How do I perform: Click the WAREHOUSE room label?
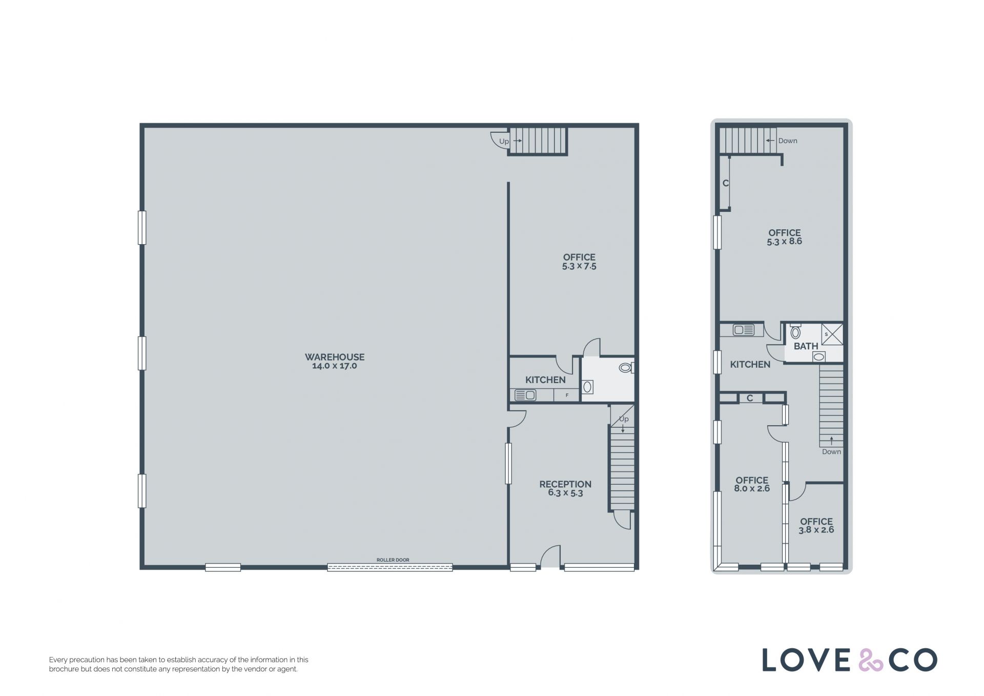[x=335, y=357]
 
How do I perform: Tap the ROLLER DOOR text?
[x=393, y=560]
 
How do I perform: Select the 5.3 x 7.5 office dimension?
[x=579, y=266]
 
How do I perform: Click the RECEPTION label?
[x=565, y=484]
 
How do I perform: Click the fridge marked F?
[x=567, y=395]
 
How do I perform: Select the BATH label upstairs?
[x=806, y=346]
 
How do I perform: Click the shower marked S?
[x=832, y=334]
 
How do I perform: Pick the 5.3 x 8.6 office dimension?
[x=784, y=242]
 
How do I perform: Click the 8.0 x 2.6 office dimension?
[x=752, y=489]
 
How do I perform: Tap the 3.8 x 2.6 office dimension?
[x=816, y=530]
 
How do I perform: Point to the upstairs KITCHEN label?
[x=750, y=365]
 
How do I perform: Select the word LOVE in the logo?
[x=807, y=660]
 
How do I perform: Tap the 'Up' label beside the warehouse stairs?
[x=504, y=141]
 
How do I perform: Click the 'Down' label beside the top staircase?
[x=788, y=141]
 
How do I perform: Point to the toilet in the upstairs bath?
[x=795, y=331]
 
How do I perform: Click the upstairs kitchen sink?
[x=744, y=330]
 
